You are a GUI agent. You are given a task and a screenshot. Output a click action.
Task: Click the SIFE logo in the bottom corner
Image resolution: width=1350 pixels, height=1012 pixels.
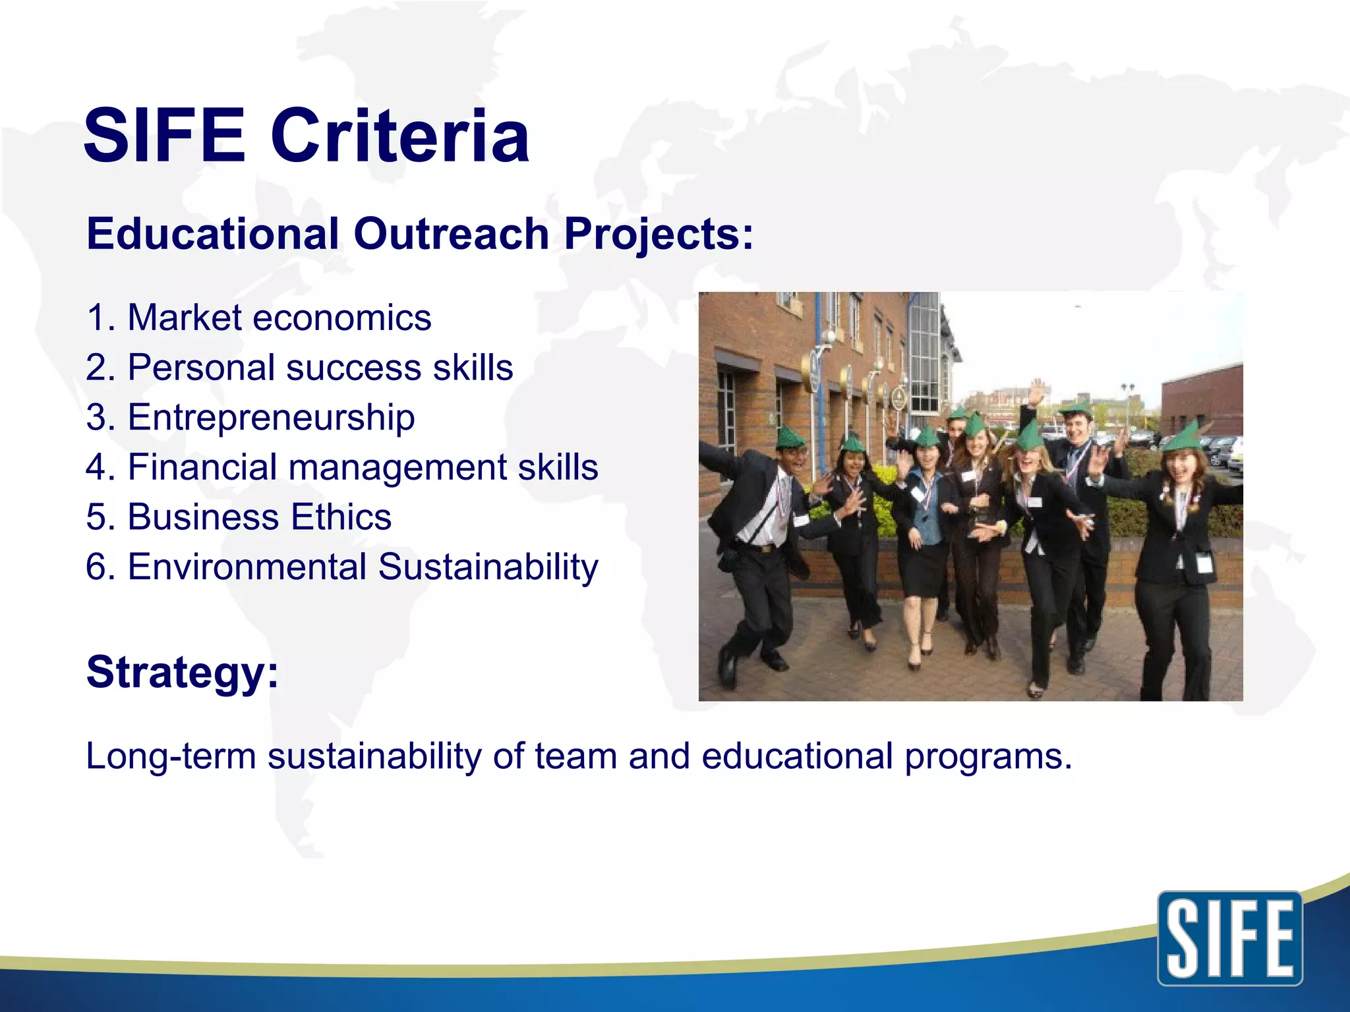1230,938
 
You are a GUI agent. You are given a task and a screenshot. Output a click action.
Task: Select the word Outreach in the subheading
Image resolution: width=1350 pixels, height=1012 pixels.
451,234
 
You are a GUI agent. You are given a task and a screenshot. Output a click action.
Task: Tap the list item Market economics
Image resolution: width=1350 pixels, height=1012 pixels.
259,318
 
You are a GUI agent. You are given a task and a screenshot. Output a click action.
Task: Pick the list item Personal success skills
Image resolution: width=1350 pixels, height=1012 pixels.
299,368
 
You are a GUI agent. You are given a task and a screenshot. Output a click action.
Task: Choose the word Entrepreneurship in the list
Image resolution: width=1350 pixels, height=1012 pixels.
271,418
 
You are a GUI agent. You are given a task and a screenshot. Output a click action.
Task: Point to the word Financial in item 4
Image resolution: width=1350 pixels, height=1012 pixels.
202,467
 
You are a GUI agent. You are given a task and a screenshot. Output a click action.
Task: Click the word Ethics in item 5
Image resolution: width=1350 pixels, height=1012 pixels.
341,517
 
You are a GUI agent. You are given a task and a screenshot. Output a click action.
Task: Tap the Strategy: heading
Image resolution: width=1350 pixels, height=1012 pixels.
183,673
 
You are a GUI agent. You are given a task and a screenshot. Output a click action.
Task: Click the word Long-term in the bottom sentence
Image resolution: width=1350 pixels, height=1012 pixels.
171,756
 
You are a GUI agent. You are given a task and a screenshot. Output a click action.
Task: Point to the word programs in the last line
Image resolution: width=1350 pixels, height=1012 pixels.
987,757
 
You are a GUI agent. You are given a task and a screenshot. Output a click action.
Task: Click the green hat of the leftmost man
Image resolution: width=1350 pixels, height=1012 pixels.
790,437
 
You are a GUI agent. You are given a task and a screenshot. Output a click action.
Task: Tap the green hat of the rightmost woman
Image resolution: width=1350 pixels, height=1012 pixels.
1183,437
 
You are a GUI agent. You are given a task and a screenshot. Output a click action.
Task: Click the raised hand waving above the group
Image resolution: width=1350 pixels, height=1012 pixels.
1037,393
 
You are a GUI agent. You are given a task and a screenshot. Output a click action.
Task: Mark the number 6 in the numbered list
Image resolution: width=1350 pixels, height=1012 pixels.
97,567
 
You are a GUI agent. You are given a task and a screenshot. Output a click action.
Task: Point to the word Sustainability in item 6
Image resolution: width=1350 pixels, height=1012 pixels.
488,567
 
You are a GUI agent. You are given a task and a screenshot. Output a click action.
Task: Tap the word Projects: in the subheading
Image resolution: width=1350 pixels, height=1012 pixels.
658,234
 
